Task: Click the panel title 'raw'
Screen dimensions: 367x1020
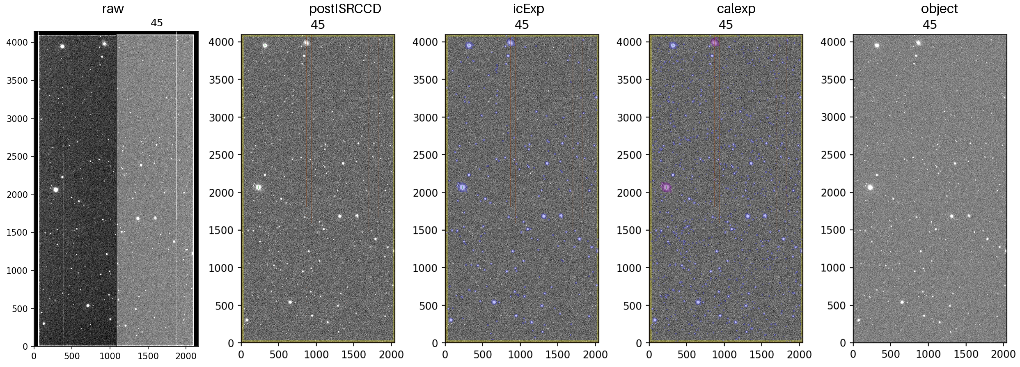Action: click(113, 9)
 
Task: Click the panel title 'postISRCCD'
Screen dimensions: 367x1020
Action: click(345, 9)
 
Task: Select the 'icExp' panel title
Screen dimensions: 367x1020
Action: click(528, 9)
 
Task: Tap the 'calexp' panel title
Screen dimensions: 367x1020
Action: click(736, 9)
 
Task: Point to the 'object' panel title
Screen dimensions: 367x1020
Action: click(939, 9)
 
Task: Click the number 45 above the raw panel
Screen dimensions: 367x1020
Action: click(157, 23)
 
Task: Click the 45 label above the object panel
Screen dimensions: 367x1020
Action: click(930, 25)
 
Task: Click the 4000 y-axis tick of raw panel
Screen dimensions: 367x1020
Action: click(17, 43)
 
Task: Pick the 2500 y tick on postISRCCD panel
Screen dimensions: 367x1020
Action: click(222, 155)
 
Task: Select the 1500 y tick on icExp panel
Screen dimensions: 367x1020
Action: click(426, 230)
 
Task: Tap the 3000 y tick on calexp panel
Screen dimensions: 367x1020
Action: click(630, 117)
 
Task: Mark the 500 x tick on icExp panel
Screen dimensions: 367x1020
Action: click(483, 354)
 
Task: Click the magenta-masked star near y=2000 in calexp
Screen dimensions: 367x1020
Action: click(666, 188)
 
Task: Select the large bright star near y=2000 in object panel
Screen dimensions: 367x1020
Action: click(870, 188)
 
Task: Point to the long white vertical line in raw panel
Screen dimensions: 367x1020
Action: click(176, 123)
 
